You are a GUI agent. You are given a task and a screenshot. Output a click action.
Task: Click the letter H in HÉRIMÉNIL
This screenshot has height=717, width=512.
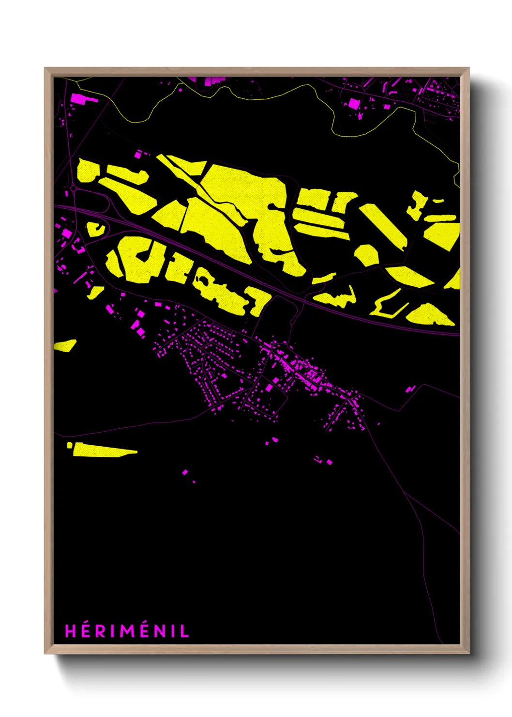(x=71, y=631)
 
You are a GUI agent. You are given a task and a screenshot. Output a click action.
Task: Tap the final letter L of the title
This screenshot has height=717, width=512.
(x=185, y=631)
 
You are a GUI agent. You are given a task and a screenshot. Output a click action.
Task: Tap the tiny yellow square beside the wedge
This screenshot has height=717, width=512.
(x=70, y=445)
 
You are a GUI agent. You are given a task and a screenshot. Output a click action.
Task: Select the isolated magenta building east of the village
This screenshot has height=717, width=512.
(x=411, y=388)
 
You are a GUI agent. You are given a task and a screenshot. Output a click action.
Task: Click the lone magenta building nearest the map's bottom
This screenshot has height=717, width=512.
(x=185, y=472)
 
